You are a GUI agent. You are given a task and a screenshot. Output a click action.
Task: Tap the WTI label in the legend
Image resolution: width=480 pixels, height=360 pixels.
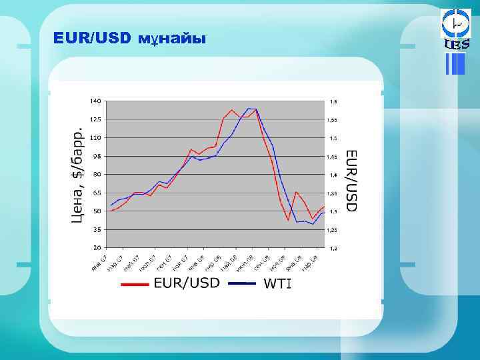click(278, 283)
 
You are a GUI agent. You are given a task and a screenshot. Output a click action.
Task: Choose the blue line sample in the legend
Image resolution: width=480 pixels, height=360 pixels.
click(243, 283)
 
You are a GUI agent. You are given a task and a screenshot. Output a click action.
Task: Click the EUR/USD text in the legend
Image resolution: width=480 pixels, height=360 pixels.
click(186, 283)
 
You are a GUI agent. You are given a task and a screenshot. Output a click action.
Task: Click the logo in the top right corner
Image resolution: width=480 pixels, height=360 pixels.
click(456, 30)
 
